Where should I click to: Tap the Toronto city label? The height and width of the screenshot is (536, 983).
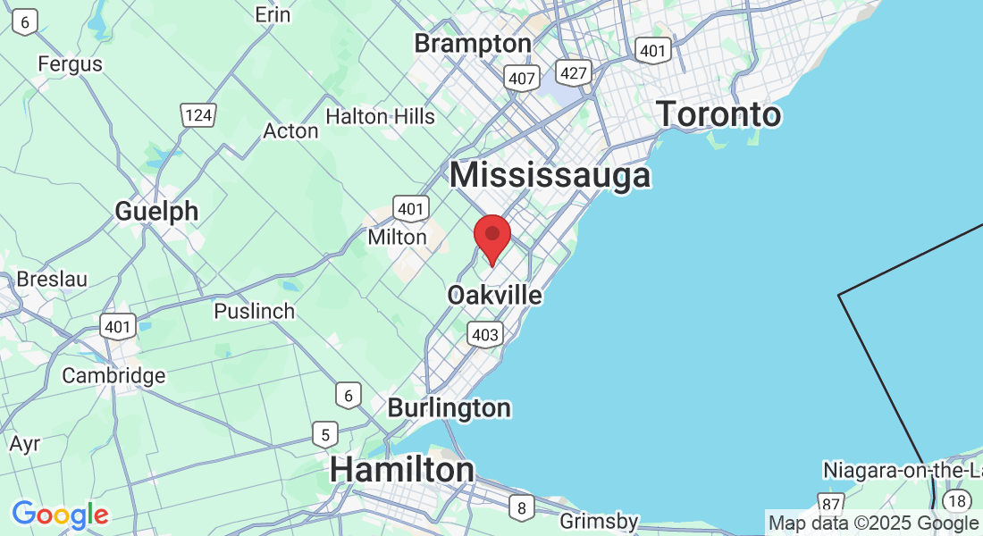pyautogui.click(x=718, y=114)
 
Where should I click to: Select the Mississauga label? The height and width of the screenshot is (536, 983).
pyautogui.click(x=550, y=174)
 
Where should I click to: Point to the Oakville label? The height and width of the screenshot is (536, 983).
pyautogui.click(x=494, y=294)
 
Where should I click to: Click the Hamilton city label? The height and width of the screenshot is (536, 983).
pyautogui.click(x=402, y=470)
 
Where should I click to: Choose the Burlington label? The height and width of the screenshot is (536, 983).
pyautogui.click(x=449, y=408)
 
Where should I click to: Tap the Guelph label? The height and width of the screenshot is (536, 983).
pyautogui.click(x=156, y=211)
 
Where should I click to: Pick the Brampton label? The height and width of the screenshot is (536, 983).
pyautogui.click(x=473, y=43)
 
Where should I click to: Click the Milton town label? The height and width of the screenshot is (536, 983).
pyautogui.click(x=398, y=238)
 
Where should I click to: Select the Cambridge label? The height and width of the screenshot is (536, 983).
pyautogui.click(x=113, y=375)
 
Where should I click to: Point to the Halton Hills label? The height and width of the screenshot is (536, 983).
pyautogui.click(x=380, y=116)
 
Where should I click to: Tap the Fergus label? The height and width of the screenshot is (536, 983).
pyautogui.click(x=70, y=64)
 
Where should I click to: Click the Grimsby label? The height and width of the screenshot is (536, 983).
pyautogui.click(x=599, y=521)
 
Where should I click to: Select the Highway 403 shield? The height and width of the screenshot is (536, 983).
pyautogui.click(x=484, y=334)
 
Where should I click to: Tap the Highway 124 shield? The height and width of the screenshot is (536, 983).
pyautogui.click(x=197, y=113)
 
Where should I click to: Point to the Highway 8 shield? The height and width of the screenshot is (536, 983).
pyautogui.click(x=521, y=508)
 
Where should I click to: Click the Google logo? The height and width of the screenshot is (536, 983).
pyautogui.click(x=60, y=515)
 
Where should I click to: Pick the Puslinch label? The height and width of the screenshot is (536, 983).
pyautogui.click(x=254, y=311)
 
